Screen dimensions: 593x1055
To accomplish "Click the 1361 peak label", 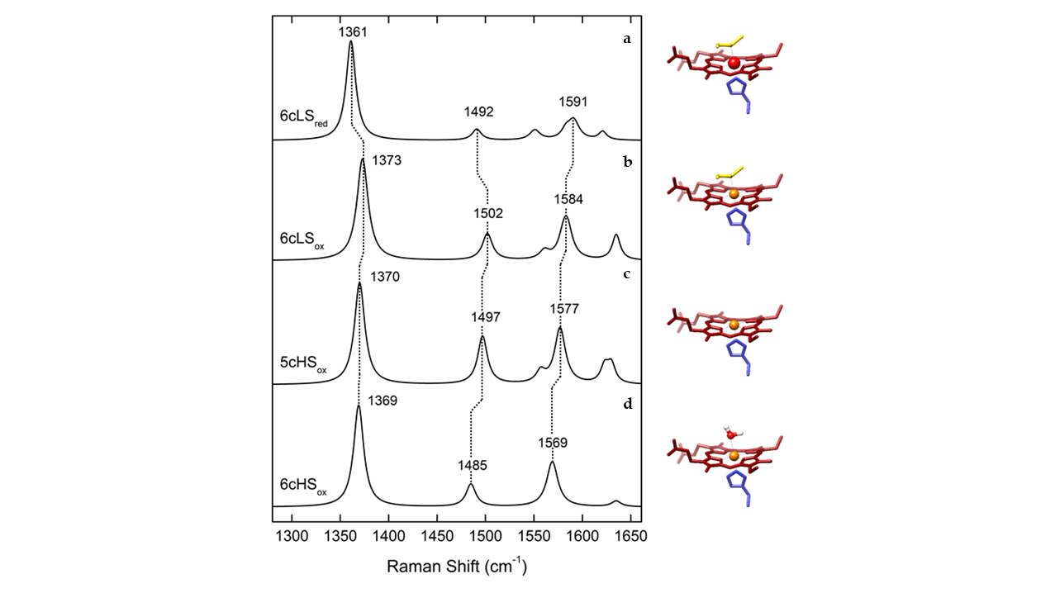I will (x=353, y=32).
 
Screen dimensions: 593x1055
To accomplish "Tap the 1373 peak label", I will (x=387, y=161).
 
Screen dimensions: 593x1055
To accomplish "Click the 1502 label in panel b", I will (x=488, y=214).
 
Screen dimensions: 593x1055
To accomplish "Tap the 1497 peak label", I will (x=487, y=316).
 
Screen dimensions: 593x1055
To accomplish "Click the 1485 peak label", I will (x=473, y=466).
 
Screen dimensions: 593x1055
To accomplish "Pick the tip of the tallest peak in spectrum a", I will (x=351, y=43).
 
